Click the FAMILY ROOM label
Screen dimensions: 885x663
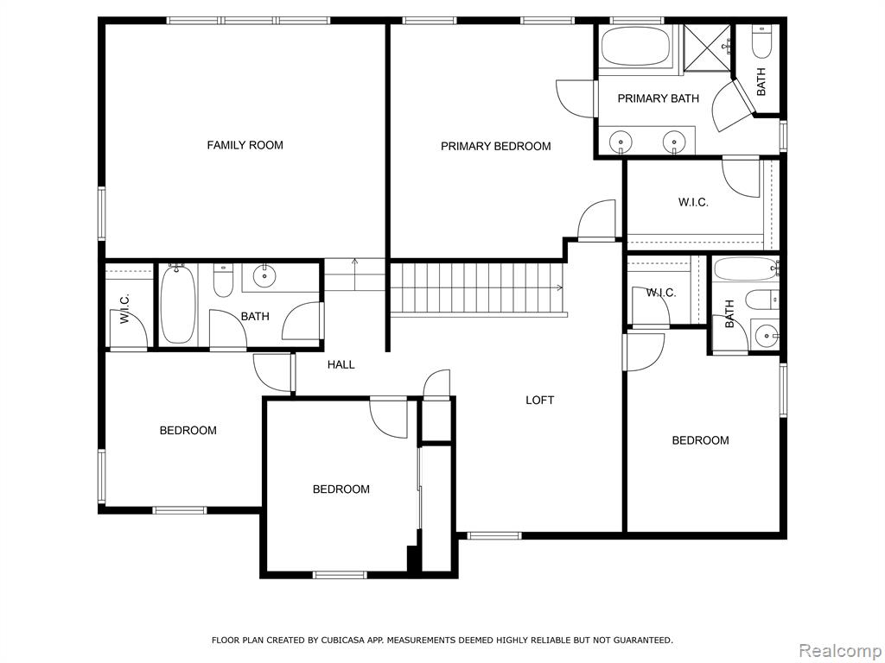(x=245, y=145)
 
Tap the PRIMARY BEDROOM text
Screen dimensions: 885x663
(x=495, y=147)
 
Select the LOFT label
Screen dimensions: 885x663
(x=539, y=401)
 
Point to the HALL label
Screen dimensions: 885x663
(x=341, y=365)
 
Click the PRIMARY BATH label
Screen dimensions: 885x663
(x=658, y=98)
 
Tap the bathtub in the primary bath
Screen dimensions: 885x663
(x=635, y=47)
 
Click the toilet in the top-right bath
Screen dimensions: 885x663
(x=761, y=42)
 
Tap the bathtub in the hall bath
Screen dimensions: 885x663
(x=178, y=305)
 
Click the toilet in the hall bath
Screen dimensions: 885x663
(x=224, y=281)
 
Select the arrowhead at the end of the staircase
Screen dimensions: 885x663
(x=559, y=287)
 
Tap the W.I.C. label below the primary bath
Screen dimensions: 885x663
(x=693, y=202)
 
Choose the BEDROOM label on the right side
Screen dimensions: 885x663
(x=700, y=440)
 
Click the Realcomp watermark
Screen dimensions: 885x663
(x=840, y=650)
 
